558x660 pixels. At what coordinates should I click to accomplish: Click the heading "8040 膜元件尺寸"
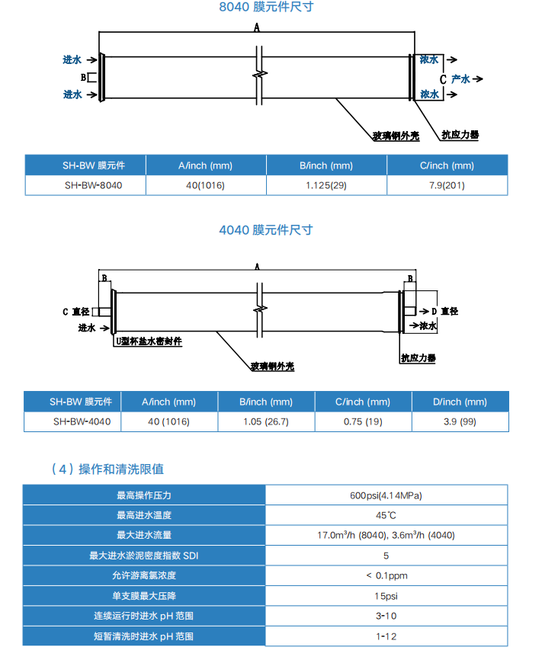[265, 7]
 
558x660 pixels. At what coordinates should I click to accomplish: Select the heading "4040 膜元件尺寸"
[265, 229]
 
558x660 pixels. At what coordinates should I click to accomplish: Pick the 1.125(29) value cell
[325, 185]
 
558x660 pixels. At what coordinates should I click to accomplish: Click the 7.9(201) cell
[447, 185]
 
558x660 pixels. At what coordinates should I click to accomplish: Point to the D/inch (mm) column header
[460, 402]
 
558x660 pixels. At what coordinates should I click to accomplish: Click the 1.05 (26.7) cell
[266, 421]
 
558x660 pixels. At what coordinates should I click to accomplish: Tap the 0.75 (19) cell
[363, 421]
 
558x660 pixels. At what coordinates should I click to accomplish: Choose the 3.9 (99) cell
[460, 421]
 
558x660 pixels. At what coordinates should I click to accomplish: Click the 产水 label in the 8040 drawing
[460, 78]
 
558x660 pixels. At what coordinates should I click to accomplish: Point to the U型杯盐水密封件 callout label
[149, 341]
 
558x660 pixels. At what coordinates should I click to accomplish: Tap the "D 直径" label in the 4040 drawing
[444, 311]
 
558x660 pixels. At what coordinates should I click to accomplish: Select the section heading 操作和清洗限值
[107, 469]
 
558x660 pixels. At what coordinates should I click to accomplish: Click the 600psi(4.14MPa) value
[386, 495]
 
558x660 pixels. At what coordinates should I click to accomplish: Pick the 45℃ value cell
[386, 515]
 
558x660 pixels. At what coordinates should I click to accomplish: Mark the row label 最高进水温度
[144, 515]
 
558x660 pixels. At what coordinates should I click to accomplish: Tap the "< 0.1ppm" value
[386, 575]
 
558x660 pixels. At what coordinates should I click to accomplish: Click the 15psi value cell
[386, 594]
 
